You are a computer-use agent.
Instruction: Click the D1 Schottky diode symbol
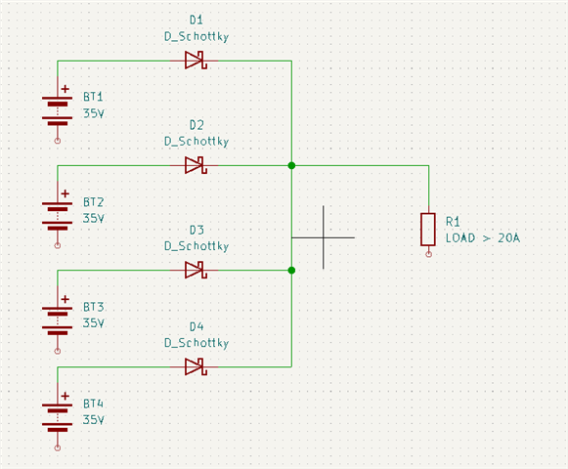(x=196, y=61)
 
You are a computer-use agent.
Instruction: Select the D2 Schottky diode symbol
(x=196, y=165)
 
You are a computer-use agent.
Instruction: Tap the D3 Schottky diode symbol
(x=196, y=270)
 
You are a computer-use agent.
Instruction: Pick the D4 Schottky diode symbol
(x=196, y=366)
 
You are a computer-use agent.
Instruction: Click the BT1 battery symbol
(x=58, y=110)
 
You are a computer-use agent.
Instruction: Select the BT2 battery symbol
(x=58, y=216)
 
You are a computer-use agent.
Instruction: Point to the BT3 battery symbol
(x=58, y=320)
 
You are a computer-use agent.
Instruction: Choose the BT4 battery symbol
(x=58, y=417)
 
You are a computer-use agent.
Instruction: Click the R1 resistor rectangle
(x=428, y=230)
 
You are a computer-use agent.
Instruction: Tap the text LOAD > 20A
(x=483, y=238)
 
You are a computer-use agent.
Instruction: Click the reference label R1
(x=453, y=221)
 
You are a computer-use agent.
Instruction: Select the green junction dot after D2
(x=291, y=165)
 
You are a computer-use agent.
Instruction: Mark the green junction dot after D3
(x=291, y=271)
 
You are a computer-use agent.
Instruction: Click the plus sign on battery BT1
(x=66, y=89)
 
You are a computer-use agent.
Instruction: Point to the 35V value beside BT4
(x=94, y=420)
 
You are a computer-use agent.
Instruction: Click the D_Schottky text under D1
(x=197, y=36)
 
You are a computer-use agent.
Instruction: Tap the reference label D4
(x=197, y=326)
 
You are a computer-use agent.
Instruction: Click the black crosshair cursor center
(x=324, y=237)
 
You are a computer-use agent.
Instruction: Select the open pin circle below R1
(x=428, y=254)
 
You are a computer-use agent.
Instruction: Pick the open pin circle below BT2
(x=58, y=245)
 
